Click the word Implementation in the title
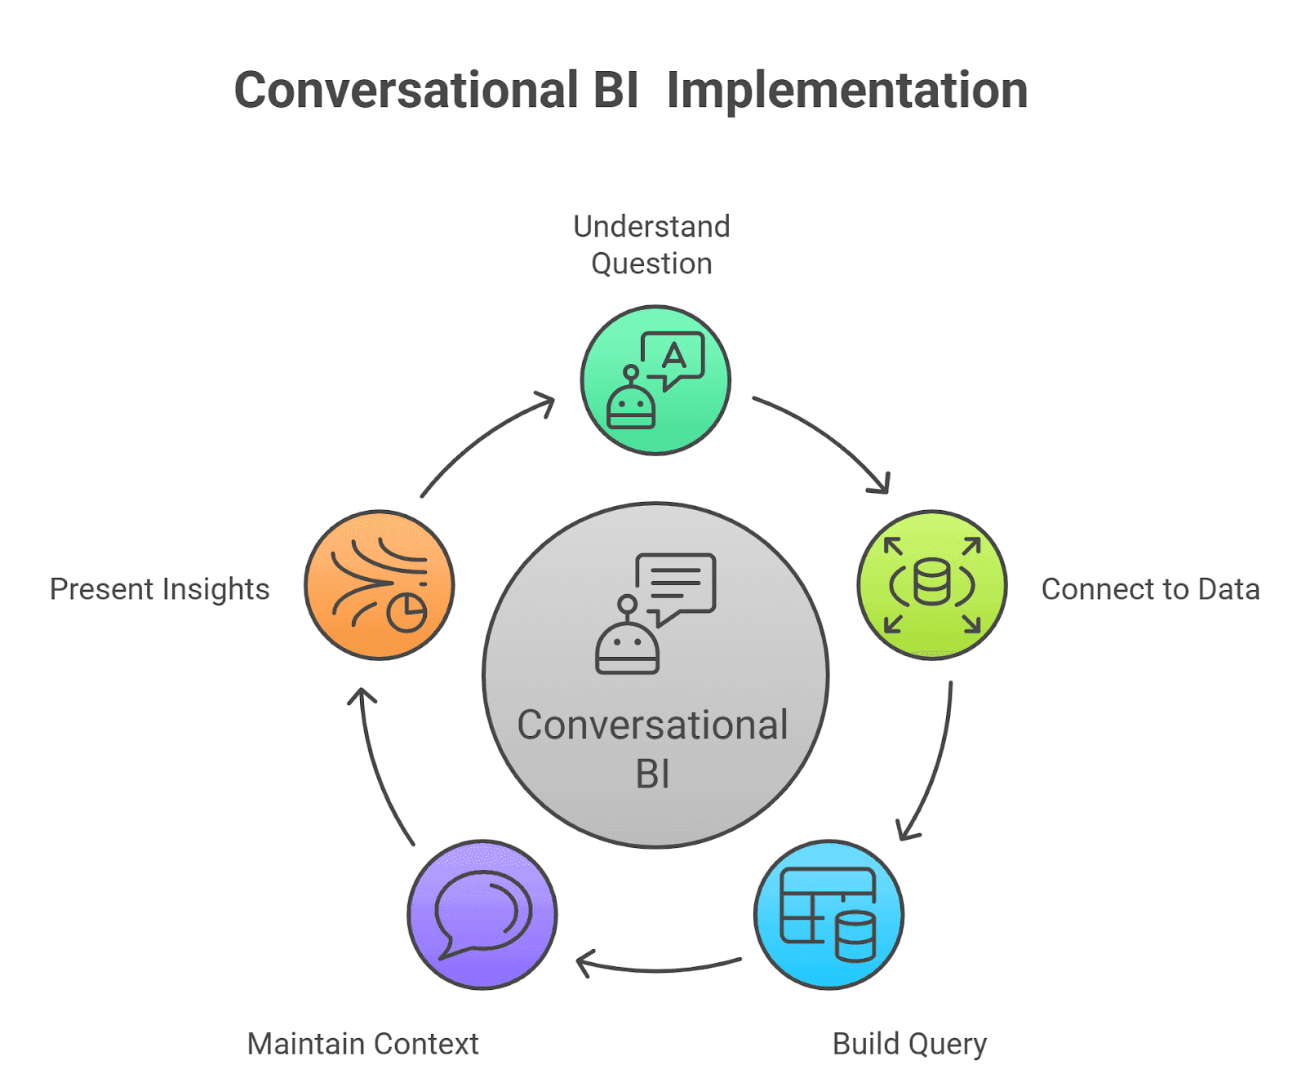(846, 91)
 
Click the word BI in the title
(615, 90)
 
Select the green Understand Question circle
(655, 380)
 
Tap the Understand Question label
(651, 245)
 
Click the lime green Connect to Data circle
(932, 584)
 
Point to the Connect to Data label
(1150, 589)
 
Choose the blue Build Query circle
(828, 914)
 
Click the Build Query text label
(909, 1044)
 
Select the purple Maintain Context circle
(482, 914)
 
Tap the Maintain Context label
(362, 1044)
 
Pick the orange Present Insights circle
(379, 584)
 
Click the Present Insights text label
(159, 589)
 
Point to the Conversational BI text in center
(652, 748)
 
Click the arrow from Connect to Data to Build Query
(935, 767)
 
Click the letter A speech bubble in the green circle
(673, 357)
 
